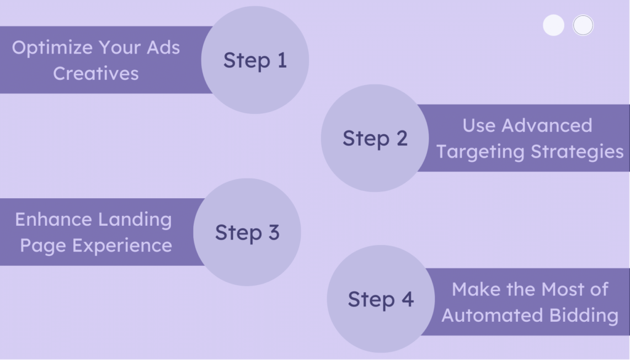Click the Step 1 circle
(255, 60)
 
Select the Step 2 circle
(375, 138)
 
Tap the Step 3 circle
(247, 233)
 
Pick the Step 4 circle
(380, 299)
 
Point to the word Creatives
(95, 73)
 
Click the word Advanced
(546, 126)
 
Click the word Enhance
(52, 219)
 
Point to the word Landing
(137, 220)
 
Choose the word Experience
(122, 246)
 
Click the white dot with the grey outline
(583, 25)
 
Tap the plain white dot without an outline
(554, 25)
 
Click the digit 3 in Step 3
(273, 233)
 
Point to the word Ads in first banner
(164, 47)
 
